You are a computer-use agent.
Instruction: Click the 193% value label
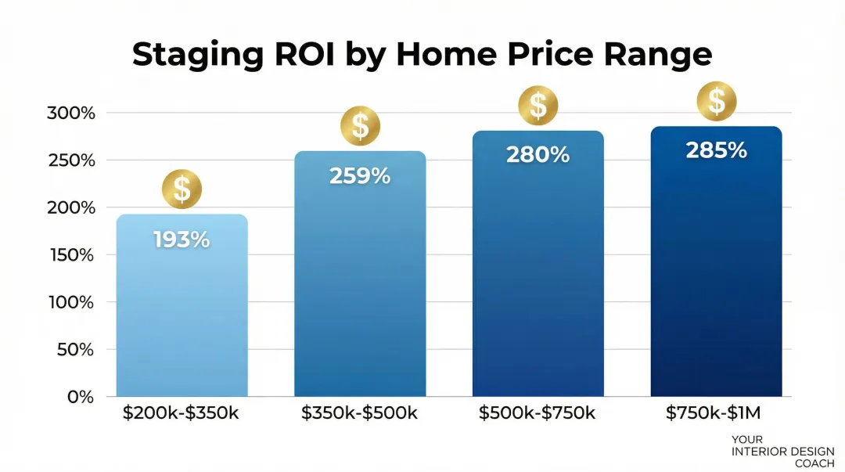[x=182, y=240]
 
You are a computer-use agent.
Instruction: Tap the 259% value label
[x=360, y=176]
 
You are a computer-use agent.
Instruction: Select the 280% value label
[x=538, y=155]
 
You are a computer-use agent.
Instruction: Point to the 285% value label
[x=716, y=150]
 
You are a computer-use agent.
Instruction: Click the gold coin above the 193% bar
[x=182, y=189]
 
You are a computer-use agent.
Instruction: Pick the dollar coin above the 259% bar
[x=360, y=126]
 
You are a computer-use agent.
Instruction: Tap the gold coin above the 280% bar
[x=538, y=105]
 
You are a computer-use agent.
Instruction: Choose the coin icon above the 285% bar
[x=716, y=100]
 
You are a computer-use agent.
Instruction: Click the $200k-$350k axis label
[x=181, y=413]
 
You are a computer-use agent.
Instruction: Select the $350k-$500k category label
[x=359, y=413]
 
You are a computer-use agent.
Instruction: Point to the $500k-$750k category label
[x=538, y=413]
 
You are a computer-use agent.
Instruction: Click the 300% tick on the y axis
[x=70, y=113]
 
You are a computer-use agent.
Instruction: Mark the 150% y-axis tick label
[x=70, y=255]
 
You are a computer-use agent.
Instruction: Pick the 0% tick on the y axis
[x=80, y=397]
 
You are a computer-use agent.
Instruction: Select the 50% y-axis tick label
[x=75, y=350]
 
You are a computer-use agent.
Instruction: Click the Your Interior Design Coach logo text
[x=782, y=452]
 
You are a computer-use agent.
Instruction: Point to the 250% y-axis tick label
[x=70, y=160]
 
